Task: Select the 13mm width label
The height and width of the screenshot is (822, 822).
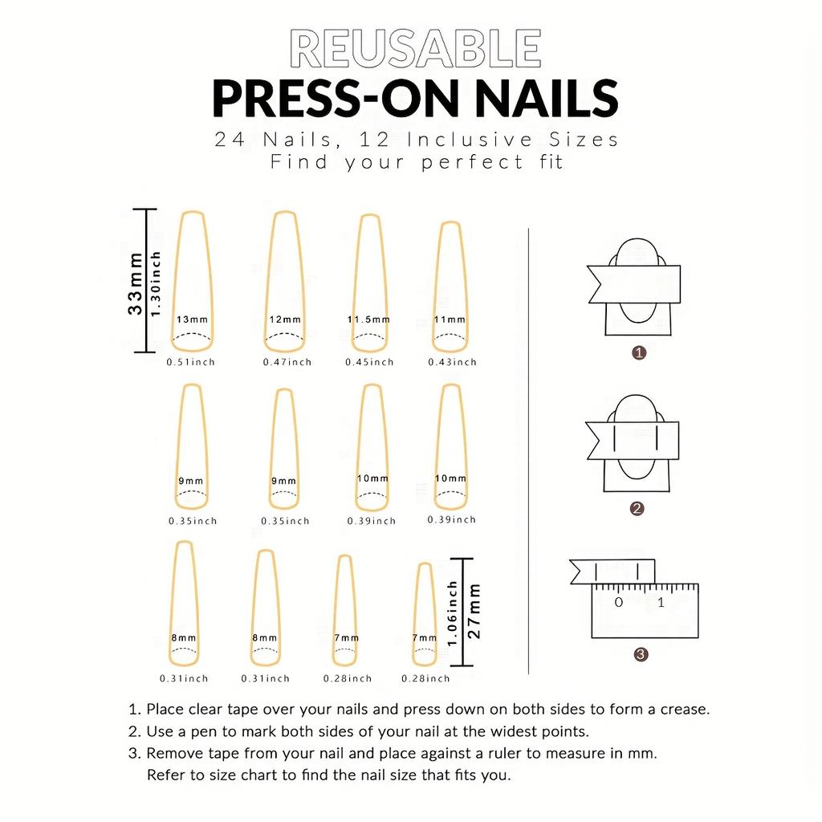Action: pos(193,319)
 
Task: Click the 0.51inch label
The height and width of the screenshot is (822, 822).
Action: pos(191,362)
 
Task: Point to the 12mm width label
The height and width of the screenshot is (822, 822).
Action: pos(285,319)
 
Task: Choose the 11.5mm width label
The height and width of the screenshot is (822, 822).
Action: pos(368,319)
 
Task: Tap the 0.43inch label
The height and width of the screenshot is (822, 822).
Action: pos(453,362)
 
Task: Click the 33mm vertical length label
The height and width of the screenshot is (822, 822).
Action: pos(136,283)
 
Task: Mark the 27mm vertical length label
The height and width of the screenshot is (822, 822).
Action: pos(474,612)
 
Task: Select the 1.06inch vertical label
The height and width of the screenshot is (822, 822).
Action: pos(453,613)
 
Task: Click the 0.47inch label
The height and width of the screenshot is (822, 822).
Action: pos(287,362)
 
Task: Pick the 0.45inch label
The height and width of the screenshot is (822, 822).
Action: pos(370,362)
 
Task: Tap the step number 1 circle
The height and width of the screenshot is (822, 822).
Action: pos(639,352)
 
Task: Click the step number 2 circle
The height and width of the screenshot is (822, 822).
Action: pos(637,508)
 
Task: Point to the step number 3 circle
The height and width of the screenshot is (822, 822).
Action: pos(641,654)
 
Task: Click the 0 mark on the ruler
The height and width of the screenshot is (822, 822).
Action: pos(618,602)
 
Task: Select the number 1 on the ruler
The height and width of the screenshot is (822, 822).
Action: pos(661,602)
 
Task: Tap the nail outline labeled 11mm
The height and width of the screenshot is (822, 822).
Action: pos(451,287)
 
